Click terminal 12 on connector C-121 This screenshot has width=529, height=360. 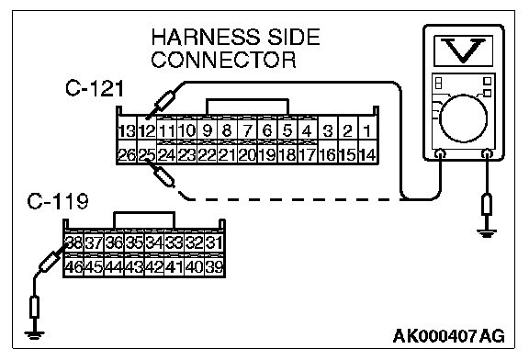147,130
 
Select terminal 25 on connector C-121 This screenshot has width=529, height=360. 147,155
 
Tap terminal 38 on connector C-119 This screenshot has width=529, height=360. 73,242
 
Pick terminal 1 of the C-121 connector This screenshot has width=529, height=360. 367,130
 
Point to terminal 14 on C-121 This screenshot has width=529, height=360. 367,155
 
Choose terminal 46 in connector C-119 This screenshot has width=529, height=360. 73,267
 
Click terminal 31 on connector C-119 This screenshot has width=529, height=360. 214,242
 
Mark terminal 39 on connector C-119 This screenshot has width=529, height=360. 214,267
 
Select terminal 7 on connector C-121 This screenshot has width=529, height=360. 247,130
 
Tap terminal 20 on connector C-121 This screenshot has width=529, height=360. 247,155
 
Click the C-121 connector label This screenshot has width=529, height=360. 95,88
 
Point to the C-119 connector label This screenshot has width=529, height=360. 58,201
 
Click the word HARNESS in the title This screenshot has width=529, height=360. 206,37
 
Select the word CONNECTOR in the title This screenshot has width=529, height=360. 223,60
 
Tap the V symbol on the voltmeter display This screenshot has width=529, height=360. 463,51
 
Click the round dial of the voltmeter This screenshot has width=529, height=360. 464,118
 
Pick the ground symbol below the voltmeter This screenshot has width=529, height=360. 487,233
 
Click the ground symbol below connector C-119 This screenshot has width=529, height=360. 34,334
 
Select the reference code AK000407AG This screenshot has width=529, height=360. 449,336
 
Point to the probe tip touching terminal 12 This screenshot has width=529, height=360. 147,118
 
